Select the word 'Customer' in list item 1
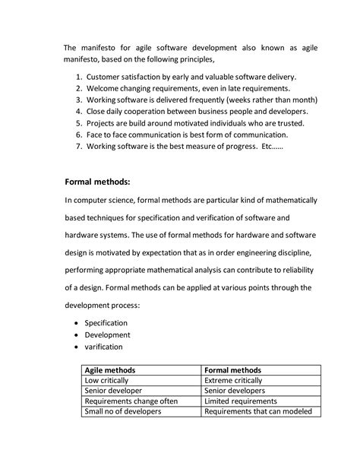coord(104,78)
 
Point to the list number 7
coord(79,145)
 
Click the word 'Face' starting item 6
coord(96,134)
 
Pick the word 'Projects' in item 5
coord(103,122)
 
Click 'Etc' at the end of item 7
coord(268,145)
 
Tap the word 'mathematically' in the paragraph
coord(289,201)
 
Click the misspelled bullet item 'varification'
coord(107,347)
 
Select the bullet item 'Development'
coord(108,335)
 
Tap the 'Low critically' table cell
coord(106,380)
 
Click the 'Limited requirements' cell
coord(241,401)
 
